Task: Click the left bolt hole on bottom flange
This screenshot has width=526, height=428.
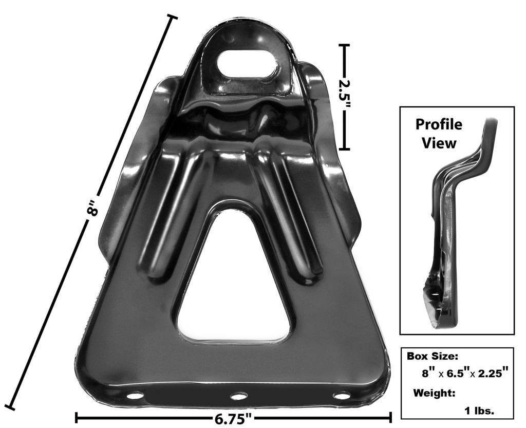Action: [135, 396]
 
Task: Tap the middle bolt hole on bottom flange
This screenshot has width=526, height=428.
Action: [238, 396]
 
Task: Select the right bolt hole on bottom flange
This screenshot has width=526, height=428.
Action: [341, 396]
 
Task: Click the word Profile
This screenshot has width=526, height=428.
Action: [438, 124]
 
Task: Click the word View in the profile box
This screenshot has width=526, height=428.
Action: [439, 143]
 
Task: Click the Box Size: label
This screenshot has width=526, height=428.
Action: [433, 356]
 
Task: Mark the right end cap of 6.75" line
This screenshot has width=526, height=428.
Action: [391, 417]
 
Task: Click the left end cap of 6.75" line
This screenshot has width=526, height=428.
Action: [77, 417]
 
